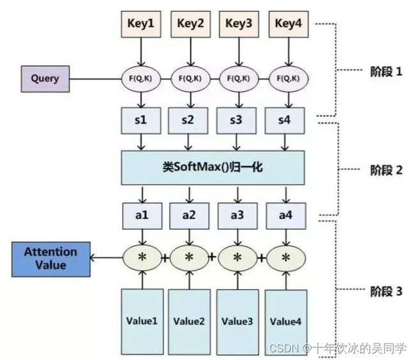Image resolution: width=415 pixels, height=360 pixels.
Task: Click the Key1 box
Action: click(x=141, y=24)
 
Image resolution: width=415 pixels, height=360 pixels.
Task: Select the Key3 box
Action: click(x=239, y=24)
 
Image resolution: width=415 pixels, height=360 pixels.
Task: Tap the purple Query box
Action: click(x=45, y=79)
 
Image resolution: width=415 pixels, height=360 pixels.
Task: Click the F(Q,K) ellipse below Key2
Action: click(x=190, y=79)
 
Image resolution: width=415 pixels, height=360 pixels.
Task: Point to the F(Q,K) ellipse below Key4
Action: click(x=289, y=79)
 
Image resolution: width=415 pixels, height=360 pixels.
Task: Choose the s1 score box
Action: click(x=141, y=121)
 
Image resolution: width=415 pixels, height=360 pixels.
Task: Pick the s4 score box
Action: click(x=285, y=121)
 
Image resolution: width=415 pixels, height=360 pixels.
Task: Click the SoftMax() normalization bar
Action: click(x=213, y=168)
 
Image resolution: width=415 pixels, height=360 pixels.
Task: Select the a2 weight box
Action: click(x=189, y=216)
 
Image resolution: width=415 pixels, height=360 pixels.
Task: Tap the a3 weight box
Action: click(x=238, y=216)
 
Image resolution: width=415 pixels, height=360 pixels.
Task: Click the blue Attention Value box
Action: click(x=51, y=259)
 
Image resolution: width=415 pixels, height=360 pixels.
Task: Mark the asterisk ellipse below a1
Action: click(x=142, y=258)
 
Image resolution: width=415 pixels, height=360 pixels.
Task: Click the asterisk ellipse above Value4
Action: click(x=286, y=258)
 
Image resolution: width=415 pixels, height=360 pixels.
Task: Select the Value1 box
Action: click(x=142, y=322)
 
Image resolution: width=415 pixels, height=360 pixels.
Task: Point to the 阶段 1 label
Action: click(x=386, y=71)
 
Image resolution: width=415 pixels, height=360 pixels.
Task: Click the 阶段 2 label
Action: click(x=386, y=170)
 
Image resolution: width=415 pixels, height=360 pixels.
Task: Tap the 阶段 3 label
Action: click(x=386, y=291)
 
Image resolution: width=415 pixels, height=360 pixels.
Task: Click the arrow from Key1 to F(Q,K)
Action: click(x=141, y=52)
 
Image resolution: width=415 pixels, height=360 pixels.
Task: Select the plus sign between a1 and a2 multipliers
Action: click(x=165, y=258)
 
